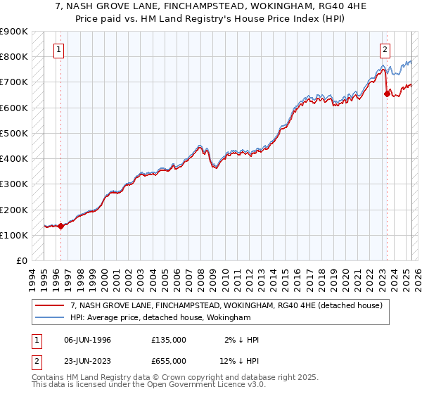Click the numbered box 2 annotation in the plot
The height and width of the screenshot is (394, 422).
point(385,49)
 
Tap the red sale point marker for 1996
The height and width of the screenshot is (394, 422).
point(61,226)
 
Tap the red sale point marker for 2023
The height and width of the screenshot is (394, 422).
point(387,93)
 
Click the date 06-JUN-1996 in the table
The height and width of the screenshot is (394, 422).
point(87,340)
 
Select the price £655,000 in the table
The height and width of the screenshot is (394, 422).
point(169,362)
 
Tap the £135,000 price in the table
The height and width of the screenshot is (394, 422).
point(169,340)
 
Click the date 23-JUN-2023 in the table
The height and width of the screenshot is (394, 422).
point(87,362)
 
